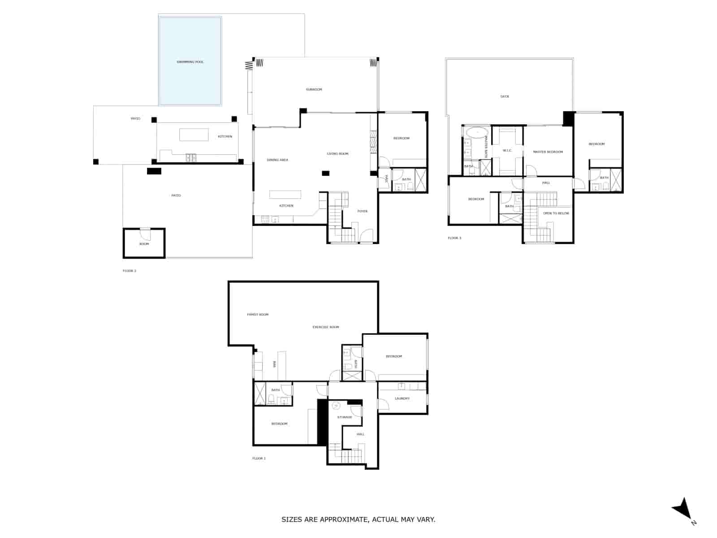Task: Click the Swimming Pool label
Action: point(190,62)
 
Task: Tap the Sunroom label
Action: point(314,90)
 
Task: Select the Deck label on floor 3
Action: point(505,96)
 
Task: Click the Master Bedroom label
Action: point(548,152)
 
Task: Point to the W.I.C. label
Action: point(507,151)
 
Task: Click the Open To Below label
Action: point(556,213)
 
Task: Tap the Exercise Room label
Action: point(326,327)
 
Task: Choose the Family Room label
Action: point(258,315)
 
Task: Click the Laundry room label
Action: point(402,399)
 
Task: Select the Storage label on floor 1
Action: point(344,417)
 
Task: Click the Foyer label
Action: point(362,211)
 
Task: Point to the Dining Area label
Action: point(277,160)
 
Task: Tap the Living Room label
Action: point(337,154)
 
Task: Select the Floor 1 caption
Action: point(259,459)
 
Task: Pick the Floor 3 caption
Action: point(454,238)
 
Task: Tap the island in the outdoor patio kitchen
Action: point(194,134)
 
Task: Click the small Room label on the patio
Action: point(144,244)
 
